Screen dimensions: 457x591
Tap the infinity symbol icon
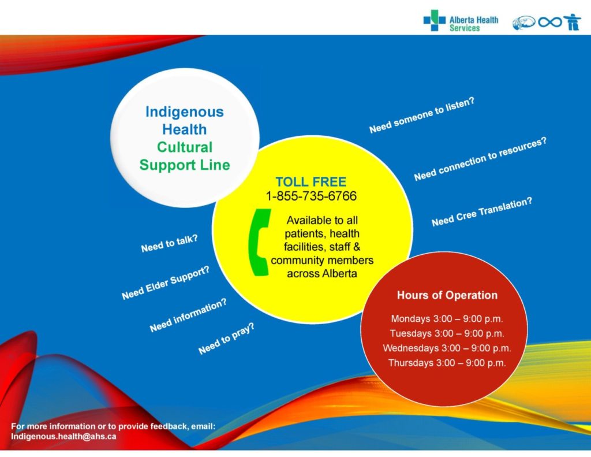550,23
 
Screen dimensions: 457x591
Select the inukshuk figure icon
573,22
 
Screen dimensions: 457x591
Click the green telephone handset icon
259,243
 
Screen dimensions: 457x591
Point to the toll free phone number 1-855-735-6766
311,196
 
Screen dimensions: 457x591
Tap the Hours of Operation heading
447,295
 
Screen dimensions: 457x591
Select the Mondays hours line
447,319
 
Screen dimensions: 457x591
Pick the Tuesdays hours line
447,333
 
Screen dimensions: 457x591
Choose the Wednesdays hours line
447,348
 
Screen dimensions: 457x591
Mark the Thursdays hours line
447,363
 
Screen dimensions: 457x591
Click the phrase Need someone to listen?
422,115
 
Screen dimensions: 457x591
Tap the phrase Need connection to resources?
480,159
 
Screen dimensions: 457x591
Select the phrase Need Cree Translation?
482,212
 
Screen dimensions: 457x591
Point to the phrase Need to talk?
170,243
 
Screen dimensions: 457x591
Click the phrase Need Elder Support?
166,283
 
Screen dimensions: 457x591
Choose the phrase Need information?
188,315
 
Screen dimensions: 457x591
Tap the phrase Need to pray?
226,339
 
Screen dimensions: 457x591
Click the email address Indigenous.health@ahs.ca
63,437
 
